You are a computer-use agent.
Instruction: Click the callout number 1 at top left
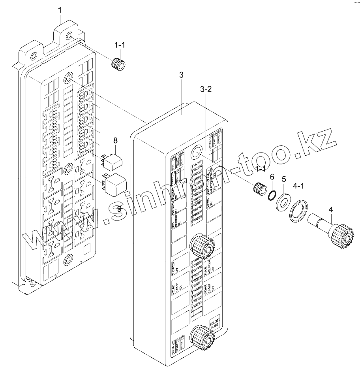click(x=60, y=10)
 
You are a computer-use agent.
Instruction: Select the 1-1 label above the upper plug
click(x=120, y=45)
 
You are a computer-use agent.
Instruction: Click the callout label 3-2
click(x=206, y=90)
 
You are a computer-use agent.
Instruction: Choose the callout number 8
click(x=115, y=140)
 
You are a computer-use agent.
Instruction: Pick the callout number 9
click(x=118, y=209)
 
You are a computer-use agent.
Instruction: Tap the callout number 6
click(x=272, y=177)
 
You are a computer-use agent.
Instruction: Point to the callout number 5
click(x=283, y=179)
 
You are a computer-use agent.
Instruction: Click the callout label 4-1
click(x=298, y=185)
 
